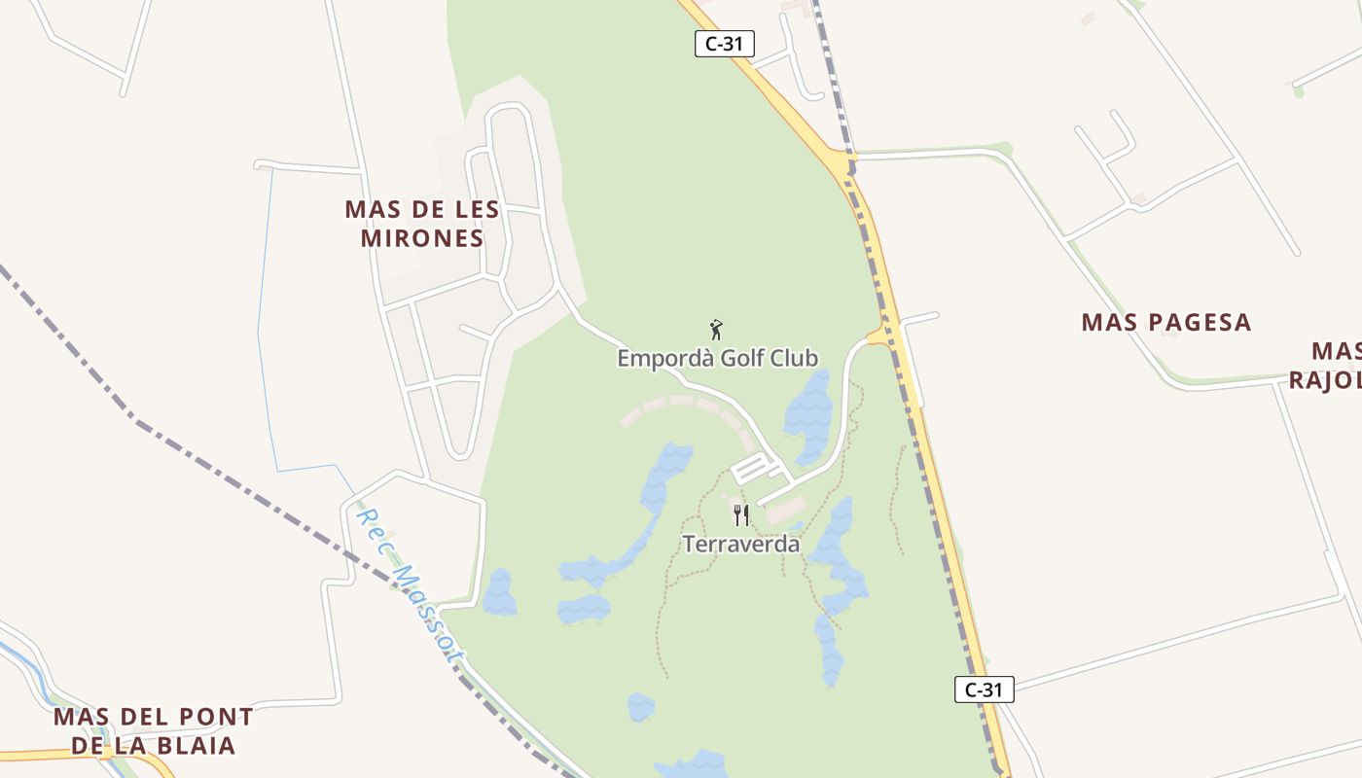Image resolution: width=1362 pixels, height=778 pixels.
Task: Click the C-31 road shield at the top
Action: pyautogui.click(x=725, y=44)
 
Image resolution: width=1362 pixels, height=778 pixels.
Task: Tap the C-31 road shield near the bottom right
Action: pyautogui.click(x=984, y=690)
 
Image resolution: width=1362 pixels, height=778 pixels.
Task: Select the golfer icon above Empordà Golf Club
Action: pyautogui.click(x=717, y=330)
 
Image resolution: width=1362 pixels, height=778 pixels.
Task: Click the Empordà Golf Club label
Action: pyautogui.click(x=718, y=358)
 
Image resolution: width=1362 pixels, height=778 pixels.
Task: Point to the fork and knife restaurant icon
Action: pyautogui.click(x=741, y=514)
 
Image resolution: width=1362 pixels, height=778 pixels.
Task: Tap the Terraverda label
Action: pyautogui.click(x=741, y=544)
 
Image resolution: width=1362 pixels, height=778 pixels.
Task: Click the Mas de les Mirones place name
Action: pyautogui.click(x=422, y=223)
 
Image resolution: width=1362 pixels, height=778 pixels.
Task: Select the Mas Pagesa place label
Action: pyautogui.click(x=1165, y=322)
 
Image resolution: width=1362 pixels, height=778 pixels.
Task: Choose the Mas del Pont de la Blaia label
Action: pyautogui.click(x=154, y=731)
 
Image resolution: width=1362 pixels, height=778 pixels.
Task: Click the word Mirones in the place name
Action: pyautogui.click(x=422, y=238)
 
